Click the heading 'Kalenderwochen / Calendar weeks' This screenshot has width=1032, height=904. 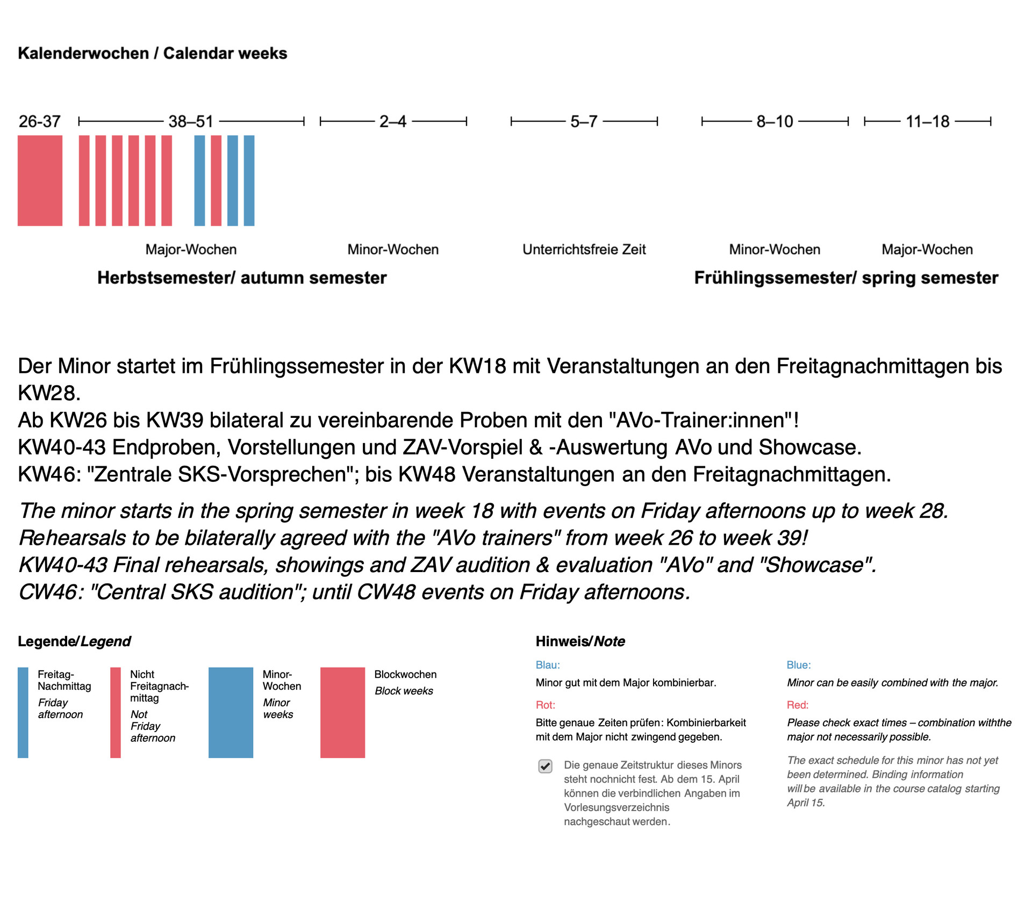point(153,53)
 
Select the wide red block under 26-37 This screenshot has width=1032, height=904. point(40,180)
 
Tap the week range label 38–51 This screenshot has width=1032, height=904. point(191,121)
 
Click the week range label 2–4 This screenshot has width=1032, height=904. point(393,121)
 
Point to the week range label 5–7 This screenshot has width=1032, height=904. point(584,121)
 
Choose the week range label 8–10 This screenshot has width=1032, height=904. point(775,121)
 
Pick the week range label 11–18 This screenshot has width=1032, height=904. point(928,121)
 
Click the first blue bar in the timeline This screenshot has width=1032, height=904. point(199,180)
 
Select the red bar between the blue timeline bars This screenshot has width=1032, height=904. point(216,180)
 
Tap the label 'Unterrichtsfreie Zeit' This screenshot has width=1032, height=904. point(584,249)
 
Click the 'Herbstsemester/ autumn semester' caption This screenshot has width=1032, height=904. point(242,278)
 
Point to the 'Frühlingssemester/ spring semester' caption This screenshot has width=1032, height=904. point(846,278)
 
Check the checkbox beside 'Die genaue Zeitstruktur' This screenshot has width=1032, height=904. point(545,766)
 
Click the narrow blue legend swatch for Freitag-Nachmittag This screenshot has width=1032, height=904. point(23,712)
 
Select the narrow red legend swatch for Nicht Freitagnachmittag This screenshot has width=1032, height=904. point(115,712)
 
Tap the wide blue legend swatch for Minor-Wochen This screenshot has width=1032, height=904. point(231,712)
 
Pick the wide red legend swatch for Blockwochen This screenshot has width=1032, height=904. point(342,712)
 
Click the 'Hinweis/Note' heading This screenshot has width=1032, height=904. point(580,641)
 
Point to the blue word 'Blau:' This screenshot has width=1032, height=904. point(548,665)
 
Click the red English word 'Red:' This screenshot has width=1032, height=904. point(798,705)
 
